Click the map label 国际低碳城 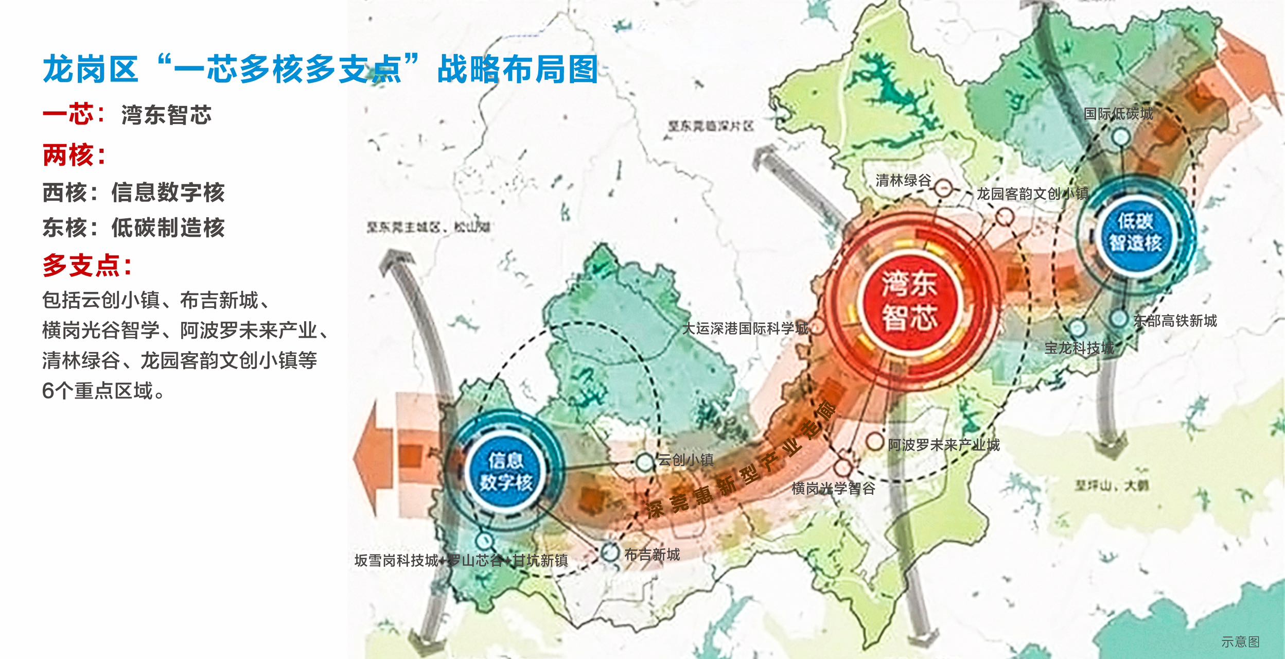[1118, 114]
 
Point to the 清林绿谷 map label [903, 180]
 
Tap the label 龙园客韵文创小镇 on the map [1032, 194]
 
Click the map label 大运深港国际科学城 [745, 328]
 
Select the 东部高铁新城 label [1175, 321]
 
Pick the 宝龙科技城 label [1079, 348]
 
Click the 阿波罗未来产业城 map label [943, 445]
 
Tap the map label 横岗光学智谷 [833, 488]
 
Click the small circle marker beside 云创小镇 [644, 462]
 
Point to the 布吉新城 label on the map [652, 554]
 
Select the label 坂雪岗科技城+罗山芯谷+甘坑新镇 [461, 560]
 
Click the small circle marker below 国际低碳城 [1121, 137]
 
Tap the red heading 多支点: [87, 266]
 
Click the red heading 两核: [74, 155]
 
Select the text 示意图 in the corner [1240, 641]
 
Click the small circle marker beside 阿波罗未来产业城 [874, 442]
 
